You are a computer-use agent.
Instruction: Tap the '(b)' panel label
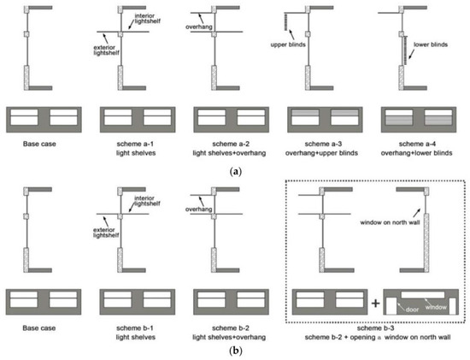(x=233, y=351)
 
